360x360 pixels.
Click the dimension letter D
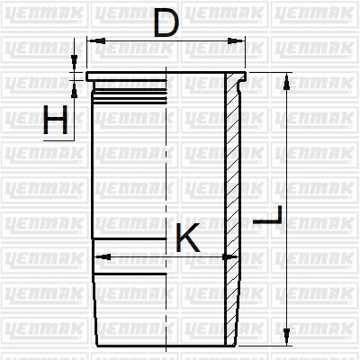coord(165,22)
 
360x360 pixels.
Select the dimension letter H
coord(56,120)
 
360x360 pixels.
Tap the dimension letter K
coord(187,238)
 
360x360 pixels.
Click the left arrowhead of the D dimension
coord(93,40)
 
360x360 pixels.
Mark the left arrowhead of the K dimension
coord(100,256)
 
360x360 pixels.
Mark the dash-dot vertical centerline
coord(166,180)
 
